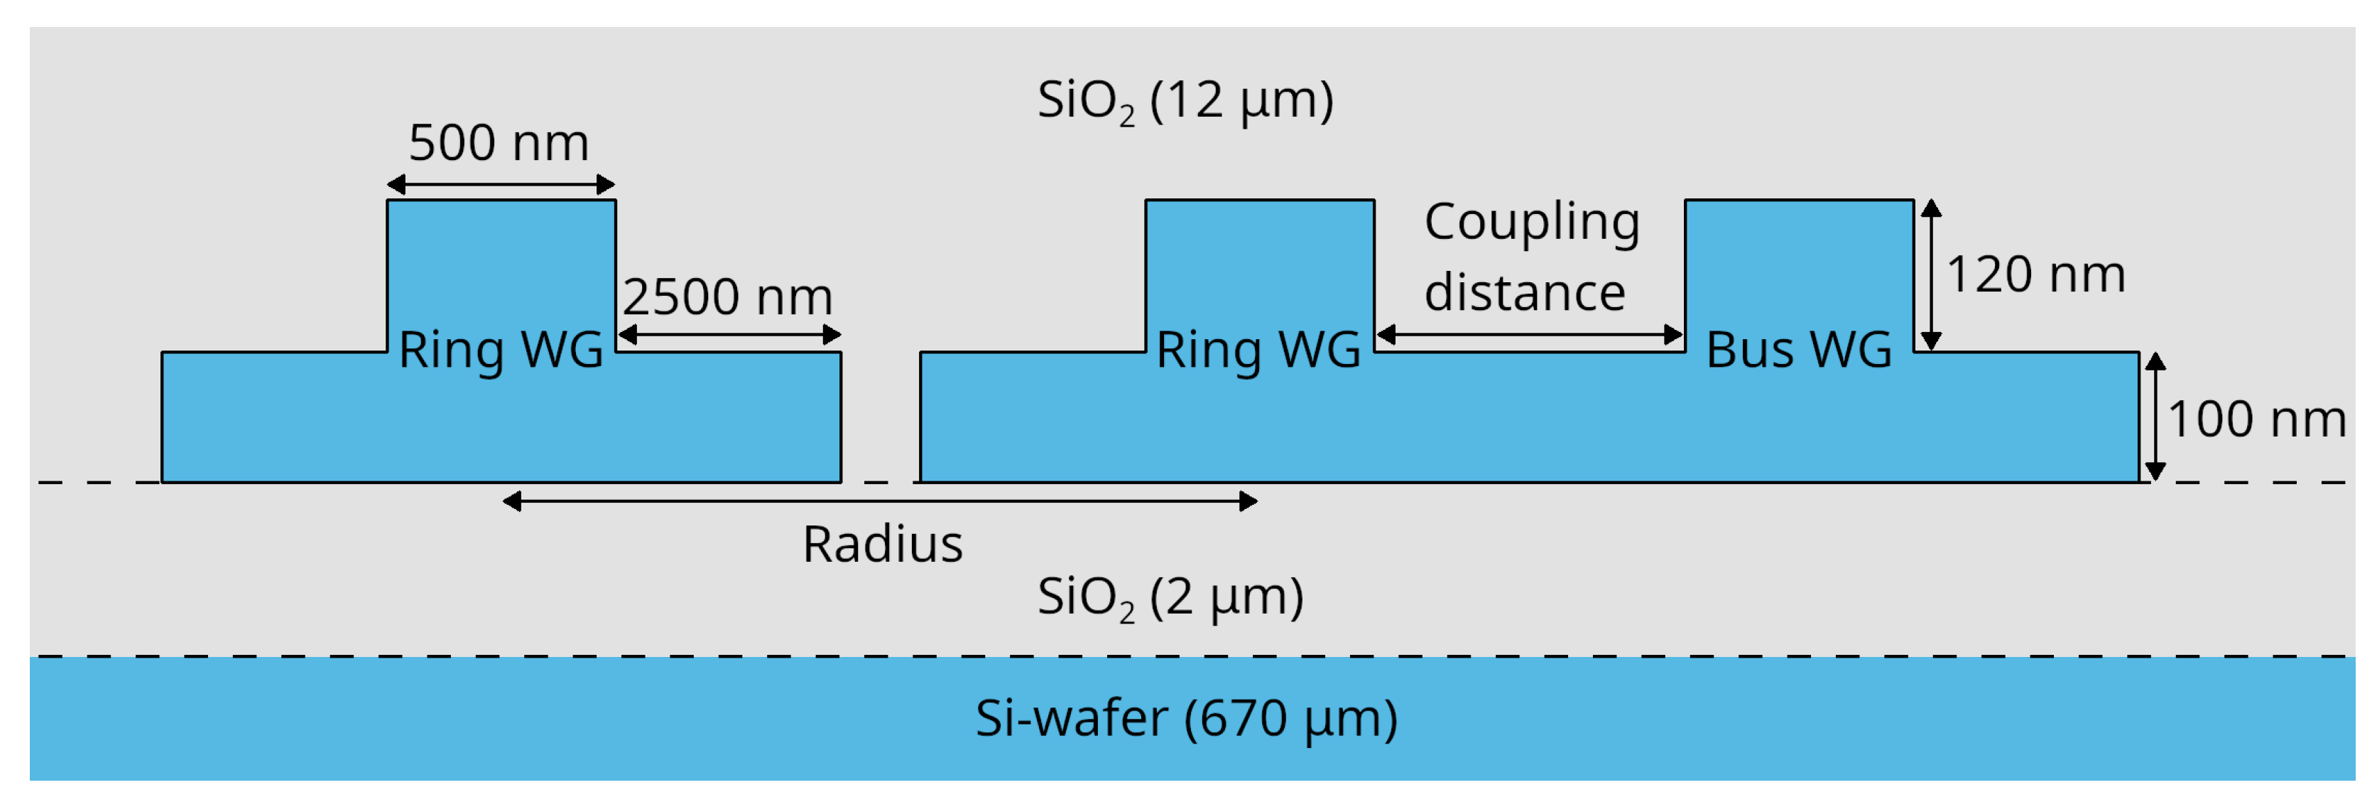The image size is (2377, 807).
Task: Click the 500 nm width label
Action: (x=499, y=143)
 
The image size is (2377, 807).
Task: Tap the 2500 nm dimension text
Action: (x=727, y=296)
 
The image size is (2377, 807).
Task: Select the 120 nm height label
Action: (x=2035, y=274)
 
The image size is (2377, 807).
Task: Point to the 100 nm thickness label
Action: (x=2256, y=419)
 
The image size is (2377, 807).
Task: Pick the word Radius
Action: (x=882, y=544)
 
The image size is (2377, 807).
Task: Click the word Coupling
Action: (x=1532, y=223)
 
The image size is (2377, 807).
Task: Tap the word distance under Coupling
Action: (x=1524, y=293)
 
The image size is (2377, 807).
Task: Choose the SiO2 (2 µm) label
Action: (x=1170, y=597)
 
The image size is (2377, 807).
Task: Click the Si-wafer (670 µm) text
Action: (x=1187, y=718)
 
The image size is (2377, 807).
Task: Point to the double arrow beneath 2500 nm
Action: (x=729, y=334)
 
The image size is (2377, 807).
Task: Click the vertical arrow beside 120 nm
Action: (x=1931, y=274)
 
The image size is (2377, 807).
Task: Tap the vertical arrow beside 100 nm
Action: (x=2155, y=417)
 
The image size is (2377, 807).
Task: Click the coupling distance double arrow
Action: (x=1529, y=334)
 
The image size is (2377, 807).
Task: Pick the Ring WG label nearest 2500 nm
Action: (x=500, y=350)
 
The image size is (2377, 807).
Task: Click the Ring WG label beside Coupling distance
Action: (x=1258, y=350)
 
